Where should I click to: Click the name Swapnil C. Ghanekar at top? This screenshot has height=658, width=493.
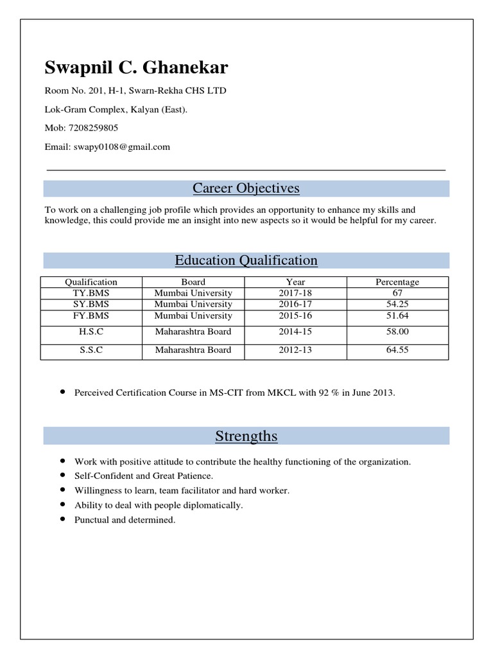136,67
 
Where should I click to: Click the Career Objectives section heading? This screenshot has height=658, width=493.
246,188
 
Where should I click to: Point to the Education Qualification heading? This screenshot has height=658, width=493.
246,260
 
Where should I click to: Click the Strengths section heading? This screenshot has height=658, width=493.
246,436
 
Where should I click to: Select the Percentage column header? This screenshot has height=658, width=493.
397,281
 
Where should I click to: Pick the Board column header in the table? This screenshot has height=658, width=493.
193,281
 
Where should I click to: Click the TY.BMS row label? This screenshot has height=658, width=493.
91,293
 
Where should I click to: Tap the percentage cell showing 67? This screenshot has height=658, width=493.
397,293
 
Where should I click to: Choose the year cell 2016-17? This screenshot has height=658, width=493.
295,304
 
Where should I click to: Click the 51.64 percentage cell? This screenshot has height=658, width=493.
397,316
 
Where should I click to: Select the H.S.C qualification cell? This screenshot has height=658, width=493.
91,332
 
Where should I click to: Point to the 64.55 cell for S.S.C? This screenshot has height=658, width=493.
397,350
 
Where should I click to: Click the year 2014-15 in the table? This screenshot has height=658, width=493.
295,332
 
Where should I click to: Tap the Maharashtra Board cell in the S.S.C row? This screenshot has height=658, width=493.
193,350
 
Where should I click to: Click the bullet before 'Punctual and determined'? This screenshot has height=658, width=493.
62,519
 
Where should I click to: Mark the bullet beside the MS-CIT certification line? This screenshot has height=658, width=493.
62,391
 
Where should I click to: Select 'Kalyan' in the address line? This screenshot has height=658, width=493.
145,109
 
